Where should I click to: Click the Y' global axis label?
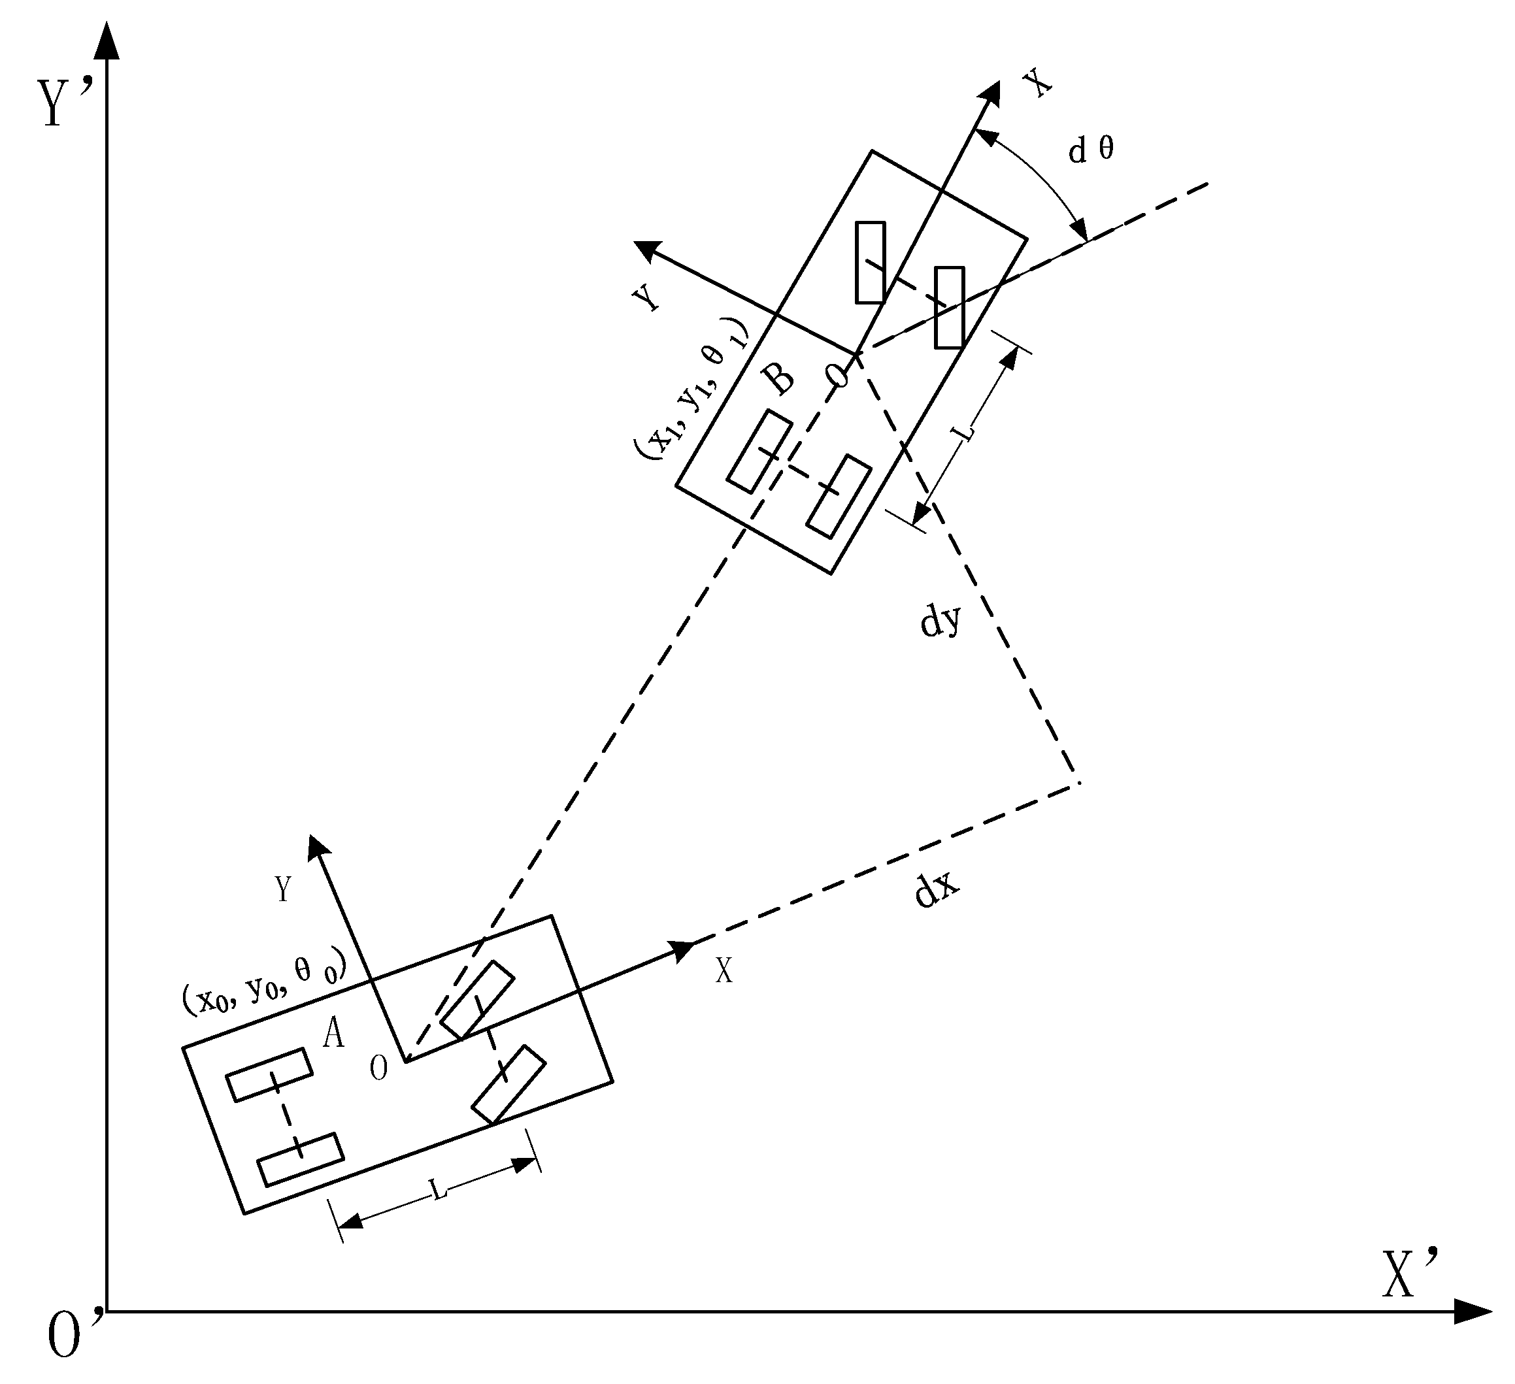[66, 103]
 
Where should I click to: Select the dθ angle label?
[1091, 151]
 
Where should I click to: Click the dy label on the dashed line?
[940, 620]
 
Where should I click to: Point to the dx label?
[937, 891]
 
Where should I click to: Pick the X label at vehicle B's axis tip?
[1039, 82]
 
